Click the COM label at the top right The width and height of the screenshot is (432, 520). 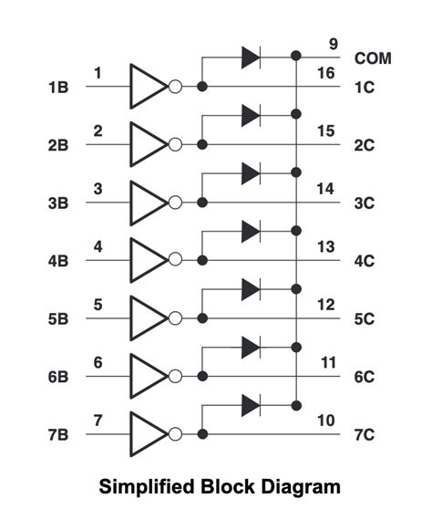[x=374, y=57]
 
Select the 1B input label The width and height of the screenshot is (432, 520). [x=58, y=88]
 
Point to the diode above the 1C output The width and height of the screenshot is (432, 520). [x=251, y=57]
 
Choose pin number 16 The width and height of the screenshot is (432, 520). [x=326, y=73]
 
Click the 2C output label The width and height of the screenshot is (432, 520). [x=365, y=145]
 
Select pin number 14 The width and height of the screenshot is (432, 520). [x=326, y=189]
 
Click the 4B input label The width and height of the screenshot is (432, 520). [x=58, y=261]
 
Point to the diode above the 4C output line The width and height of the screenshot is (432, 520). [x=251, y=231]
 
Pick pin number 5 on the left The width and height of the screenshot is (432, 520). [x=98, y=304]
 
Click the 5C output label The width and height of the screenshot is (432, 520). [x=365, y=318]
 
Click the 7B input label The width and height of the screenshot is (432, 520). [x=58, y=434]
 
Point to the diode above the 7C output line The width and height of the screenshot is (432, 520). [x=251, y=404]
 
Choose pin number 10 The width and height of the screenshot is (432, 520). [x=326, y=420]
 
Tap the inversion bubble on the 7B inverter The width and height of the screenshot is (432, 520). [x=176, y=433]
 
